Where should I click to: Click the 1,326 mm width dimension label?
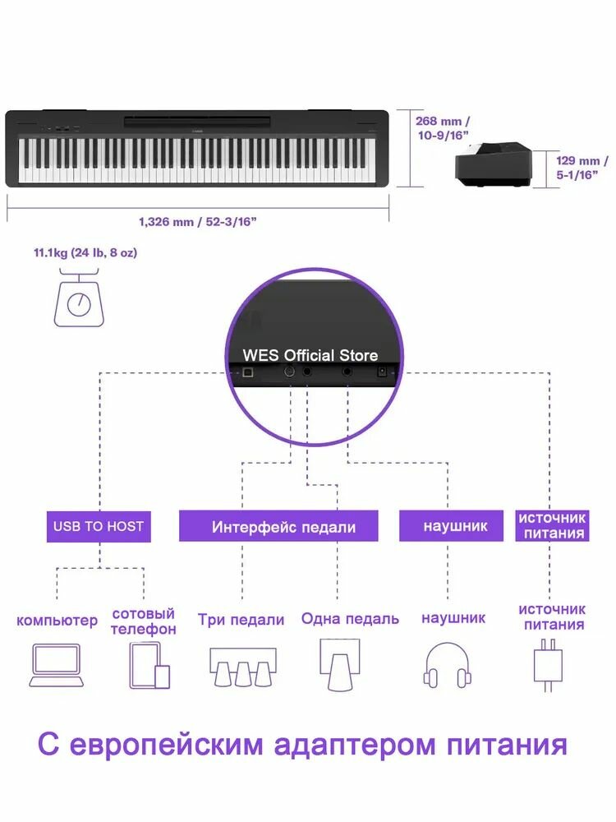point(197,221)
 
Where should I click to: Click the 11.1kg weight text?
point(85,252)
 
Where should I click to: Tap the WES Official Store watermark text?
point(310,355)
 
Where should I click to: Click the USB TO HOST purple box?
point(99,526)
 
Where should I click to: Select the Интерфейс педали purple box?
point(278,526)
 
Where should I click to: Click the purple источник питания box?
point(552,526)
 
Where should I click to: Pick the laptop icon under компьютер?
point(57,665)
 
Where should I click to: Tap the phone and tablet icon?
point(149,665)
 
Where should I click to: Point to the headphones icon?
point(448,665)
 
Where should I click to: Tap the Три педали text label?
point(241,619)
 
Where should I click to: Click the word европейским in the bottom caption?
point(164,745)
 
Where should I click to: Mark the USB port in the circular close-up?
point(248,373)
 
